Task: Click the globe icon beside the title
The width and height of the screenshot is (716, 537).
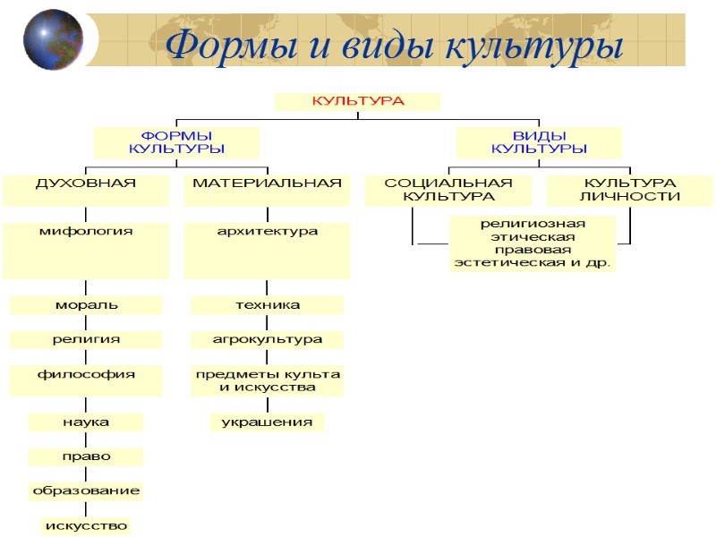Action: (x=53, y=39)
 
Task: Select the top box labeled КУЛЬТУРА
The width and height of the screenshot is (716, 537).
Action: (x=357, y=101)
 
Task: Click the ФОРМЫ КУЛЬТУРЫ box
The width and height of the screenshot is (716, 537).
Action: (x=176, y=141)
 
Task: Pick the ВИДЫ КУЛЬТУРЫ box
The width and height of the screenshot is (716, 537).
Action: (x=539, y=141)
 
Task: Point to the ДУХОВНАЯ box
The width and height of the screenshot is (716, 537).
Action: (x=86, y=189)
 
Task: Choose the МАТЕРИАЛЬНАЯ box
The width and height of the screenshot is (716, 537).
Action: (x=268, y=189)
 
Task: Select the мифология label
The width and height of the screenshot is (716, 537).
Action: (x=86, y=232)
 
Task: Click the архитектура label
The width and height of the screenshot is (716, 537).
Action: (x=268, y=232)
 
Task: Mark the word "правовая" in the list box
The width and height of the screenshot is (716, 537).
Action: (x=533, y=250)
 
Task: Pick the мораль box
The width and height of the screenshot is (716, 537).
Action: (x=86, y=305)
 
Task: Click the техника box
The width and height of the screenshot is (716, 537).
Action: (x=268, y=305)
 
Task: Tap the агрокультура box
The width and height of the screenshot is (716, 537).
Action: (x=268, y=340)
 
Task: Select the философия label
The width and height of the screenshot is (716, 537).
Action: (x=86, y=375)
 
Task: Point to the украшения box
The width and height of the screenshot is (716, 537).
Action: (x=268, y=422)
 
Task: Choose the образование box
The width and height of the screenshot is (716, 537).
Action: (x=86, y=491)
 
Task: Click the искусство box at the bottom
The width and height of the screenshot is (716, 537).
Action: (x=86, y=525)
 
